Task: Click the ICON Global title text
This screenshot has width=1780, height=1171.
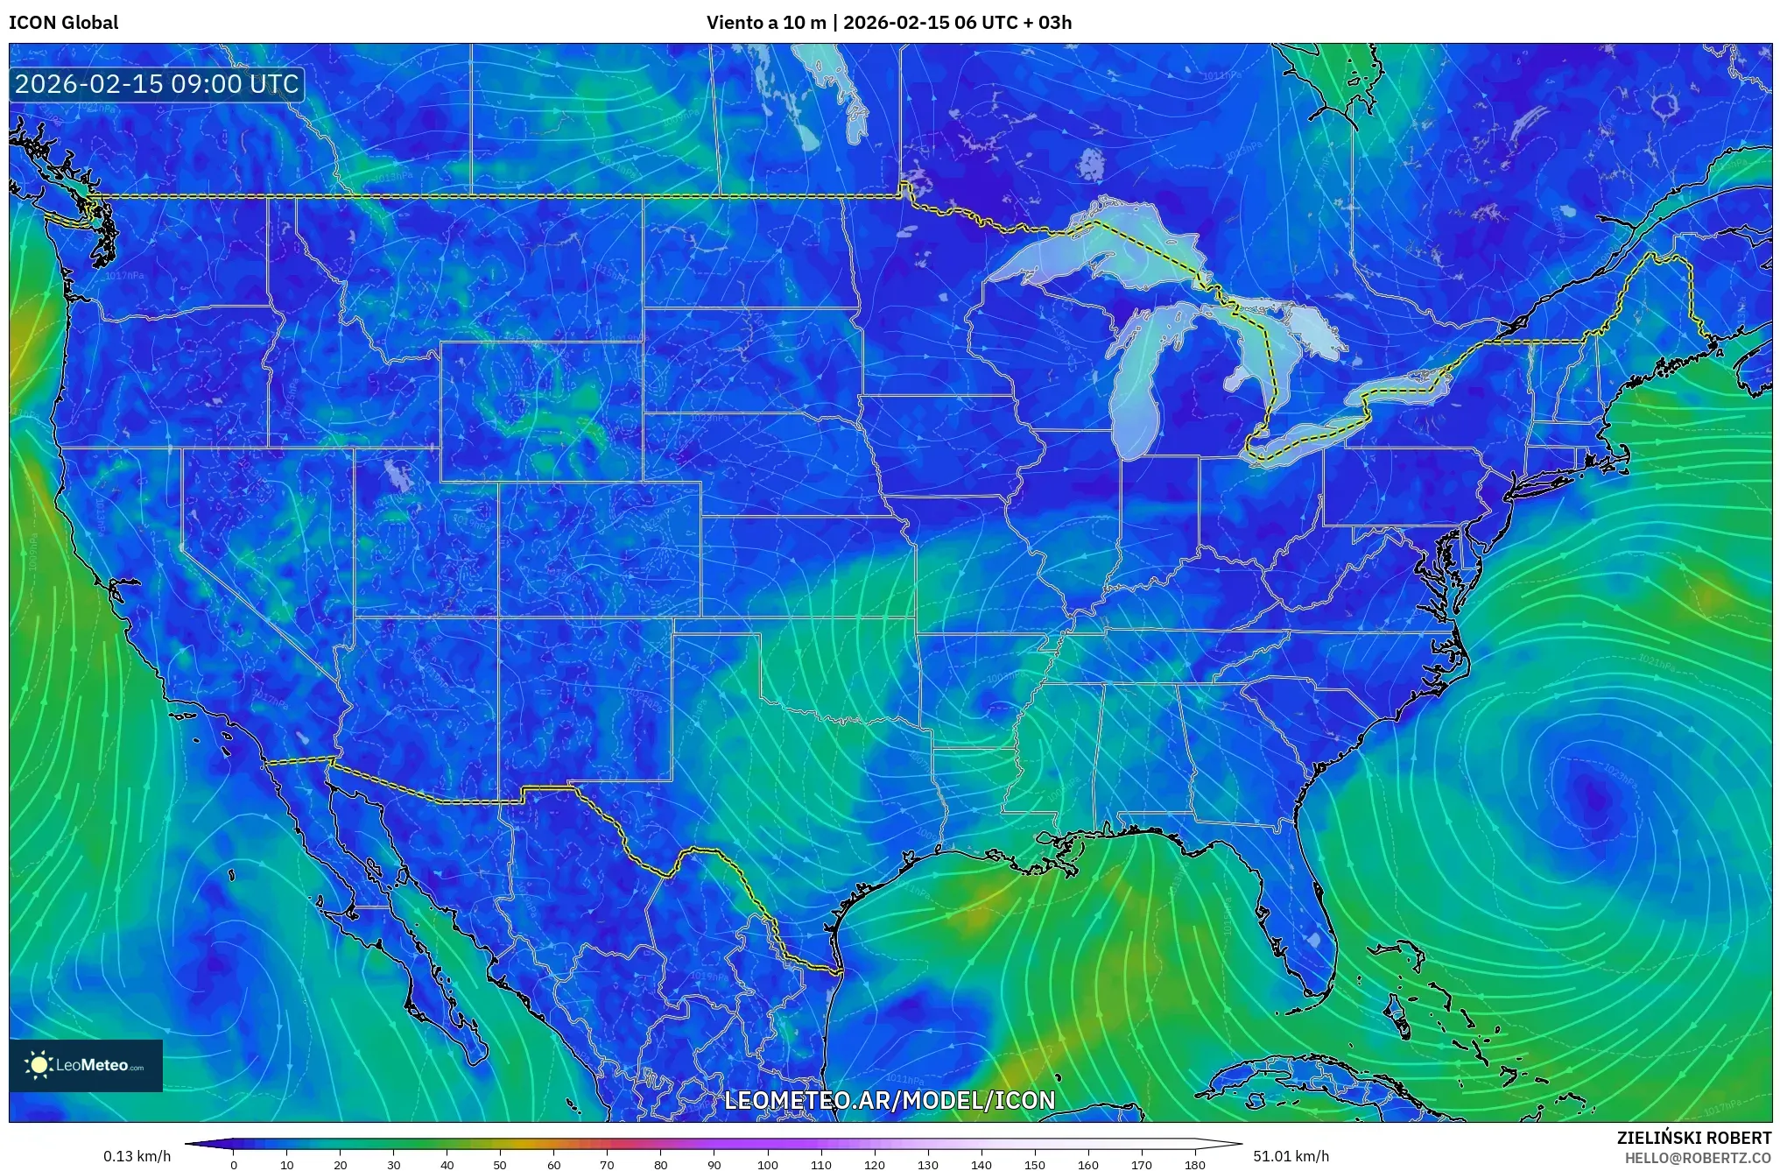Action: coord(63,23)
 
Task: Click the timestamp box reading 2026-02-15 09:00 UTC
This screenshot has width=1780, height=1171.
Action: coord(157,84)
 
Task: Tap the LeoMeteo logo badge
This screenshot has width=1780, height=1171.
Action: coord(86,1065)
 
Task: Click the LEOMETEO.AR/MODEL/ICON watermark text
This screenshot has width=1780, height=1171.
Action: coord(890,1100)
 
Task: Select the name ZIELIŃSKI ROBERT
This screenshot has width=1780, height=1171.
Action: coord(1693,1138)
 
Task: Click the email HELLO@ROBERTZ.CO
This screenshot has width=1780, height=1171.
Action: coord(1698,1158)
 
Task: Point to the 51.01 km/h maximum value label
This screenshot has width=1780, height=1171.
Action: coord(1291,1156)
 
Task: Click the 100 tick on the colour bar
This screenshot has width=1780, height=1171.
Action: coord(768,1164)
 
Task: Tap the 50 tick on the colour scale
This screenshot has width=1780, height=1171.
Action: coord(500,1164)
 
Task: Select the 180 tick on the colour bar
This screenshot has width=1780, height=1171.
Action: coord(1195,1164)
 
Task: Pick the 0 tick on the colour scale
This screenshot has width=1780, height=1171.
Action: coord(234,1164)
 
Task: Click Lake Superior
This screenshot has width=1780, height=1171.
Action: coord(1094,254)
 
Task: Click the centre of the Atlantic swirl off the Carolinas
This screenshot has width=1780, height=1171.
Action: coord(1595,795)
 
